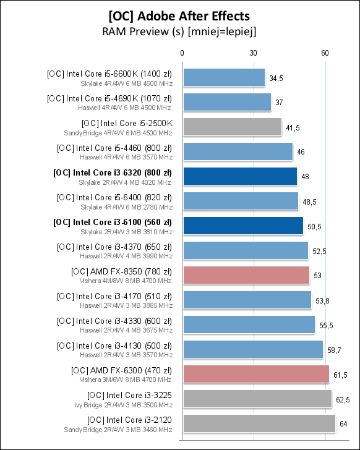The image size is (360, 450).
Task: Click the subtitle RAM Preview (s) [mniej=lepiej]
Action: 179,30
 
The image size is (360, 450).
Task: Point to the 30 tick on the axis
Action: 254,54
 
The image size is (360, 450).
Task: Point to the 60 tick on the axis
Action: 325,54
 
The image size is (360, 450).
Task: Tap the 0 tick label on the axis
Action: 182,54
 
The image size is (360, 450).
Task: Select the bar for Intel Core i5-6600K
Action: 224,77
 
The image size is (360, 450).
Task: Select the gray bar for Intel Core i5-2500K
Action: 232,127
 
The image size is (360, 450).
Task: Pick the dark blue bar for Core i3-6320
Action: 240,176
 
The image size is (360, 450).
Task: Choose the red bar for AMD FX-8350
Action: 246,275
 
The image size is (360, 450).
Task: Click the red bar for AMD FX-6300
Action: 256,374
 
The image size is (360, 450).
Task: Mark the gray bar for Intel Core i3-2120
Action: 259,423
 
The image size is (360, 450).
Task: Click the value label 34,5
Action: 276,79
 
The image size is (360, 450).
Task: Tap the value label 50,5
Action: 315,227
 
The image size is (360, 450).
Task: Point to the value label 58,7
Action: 334,350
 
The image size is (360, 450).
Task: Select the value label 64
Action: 344,425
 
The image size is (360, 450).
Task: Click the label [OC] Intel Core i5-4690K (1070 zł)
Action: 109,98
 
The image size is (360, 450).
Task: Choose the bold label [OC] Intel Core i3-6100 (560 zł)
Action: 113,221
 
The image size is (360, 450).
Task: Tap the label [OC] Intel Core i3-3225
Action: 129,394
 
